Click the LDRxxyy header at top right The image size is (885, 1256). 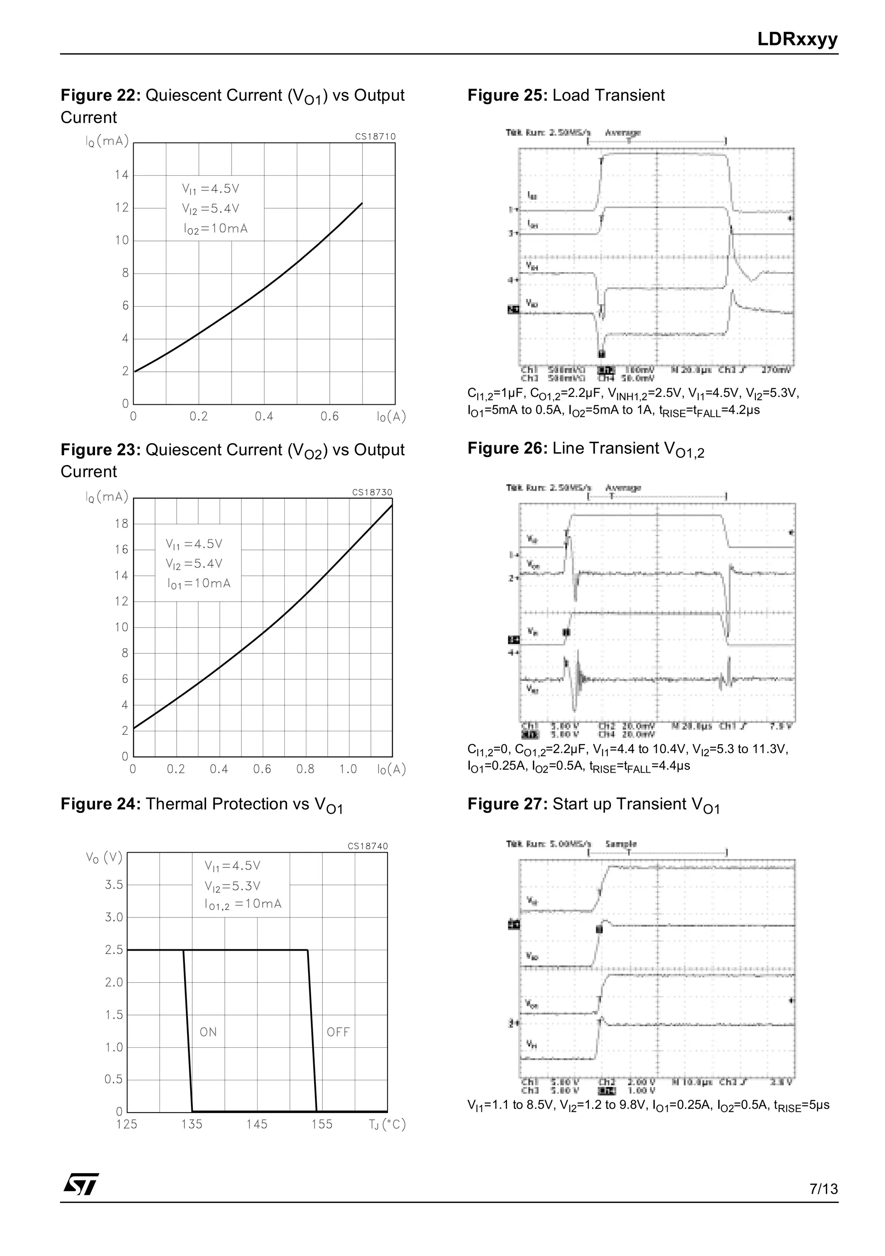(x=797, y=39)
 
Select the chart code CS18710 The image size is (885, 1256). (x=375, y=136)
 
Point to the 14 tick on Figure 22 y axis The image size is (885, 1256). (x=121, y=175)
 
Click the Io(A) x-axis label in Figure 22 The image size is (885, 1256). (x=391, y=416)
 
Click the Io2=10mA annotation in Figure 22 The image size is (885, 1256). (x=216, y=228)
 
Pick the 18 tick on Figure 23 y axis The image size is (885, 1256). (x=121, y=523)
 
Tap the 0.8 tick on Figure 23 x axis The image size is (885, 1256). (x=305, y=769)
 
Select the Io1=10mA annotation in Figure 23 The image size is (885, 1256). (x=199, y=584)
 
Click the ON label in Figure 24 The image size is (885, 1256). (x=208, y=1032)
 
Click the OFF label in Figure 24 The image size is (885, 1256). (x=337, y=1032)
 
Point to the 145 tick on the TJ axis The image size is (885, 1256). (x=257, y=1124)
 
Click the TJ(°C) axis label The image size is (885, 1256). (x=386, y=1124)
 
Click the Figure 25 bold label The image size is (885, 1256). (x=507, y=95)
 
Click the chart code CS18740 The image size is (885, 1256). (x=368, y=846)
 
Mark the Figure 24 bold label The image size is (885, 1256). (x=101, y=804)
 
